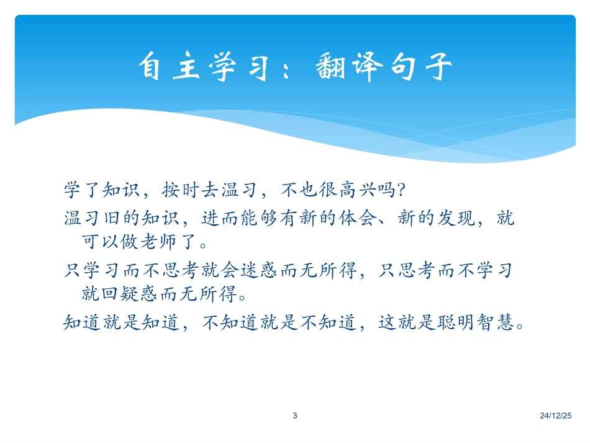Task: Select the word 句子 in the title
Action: tap(421, 68)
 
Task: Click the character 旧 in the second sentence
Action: tap(111, 219)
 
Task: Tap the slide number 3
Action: tap(295, 416)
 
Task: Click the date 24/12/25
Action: tap(557, 416)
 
